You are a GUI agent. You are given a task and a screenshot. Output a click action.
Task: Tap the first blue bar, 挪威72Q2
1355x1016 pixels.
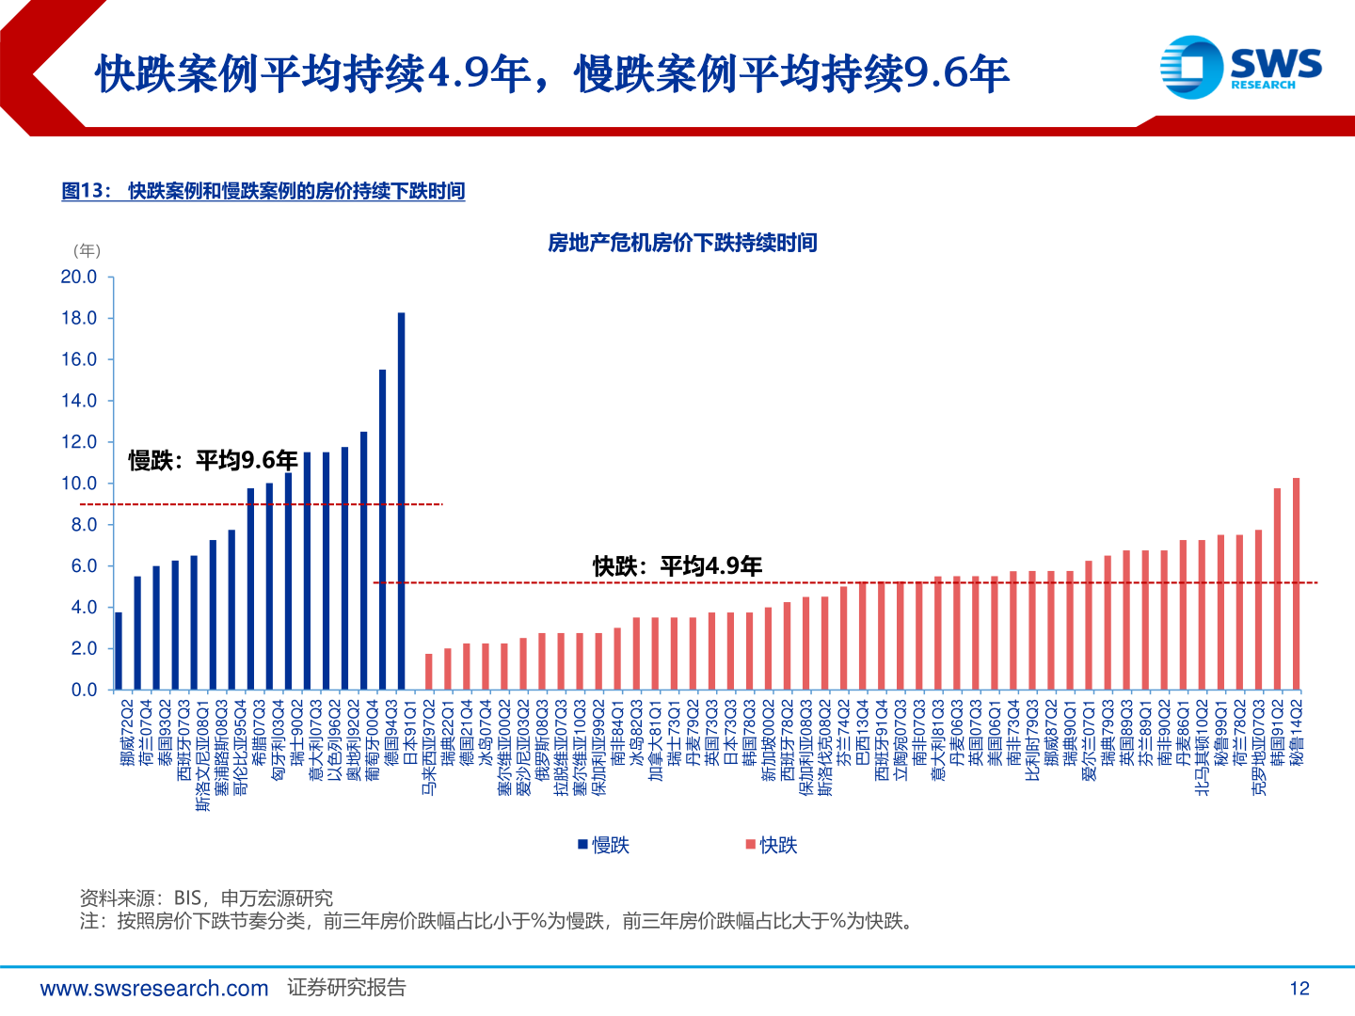[x=119, y=651]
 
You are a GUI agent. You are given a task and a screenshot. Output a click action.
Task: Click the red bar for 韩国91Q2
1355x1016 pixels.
[x=1277, y=589]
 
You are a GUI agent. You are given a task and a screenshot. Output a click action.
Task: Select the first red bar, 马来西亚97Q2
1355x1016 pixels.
[x=429, y=672]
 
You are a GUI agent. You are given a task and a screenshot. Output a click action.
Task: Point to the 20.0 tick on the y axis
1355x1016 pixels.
[x=79, y=277]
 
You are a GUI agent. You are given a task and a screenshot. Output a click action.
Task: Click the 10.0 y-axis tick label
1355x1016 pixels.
[x=79, y=484]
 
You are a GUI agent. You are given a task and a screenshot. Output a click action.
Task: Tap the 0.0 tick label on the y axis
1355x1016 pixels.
[x=84, y=690]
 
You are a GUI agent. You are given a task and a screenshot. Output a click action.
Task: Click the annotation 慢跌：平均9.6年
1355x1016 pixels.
[x=213, y=460]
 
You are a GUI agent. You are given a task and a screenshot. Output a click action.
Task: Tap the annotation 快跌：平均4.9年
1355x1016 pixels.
[x=677, y=565]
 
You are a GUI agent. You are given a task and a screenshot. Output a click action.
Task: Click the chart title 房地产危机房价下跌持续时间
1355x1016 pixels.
[x=682, y=243]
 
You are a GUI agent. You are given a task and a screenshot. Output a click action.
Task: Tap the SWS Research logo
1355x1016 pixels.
[x=1240, y=66]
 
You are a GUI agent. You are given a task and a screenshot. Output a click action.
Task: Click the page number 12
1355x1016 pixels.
[x=1299, y=988]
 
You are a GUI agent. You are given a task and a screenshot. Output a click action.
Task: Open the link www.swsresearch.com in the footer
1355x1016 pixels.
[x=154, y=989]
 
